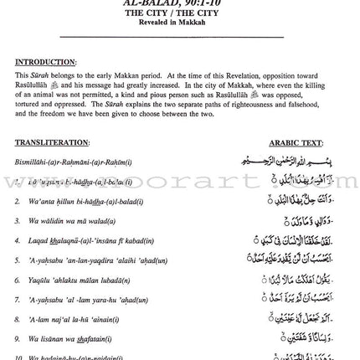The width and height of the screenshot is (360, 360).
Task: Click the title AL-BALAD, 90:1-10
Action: (x=178, y=3)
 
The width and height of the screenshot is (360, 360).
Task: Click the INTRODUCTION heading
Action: (x=44, y=62)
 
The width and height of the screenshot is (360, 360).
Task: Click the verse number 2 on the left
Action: (x=17, y=202)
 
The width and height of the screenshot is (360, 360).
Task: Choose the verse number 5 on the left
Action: (x=17, y=260)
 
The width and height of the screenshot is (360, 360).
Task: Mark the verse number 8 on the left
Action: (x=17, y=319)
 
